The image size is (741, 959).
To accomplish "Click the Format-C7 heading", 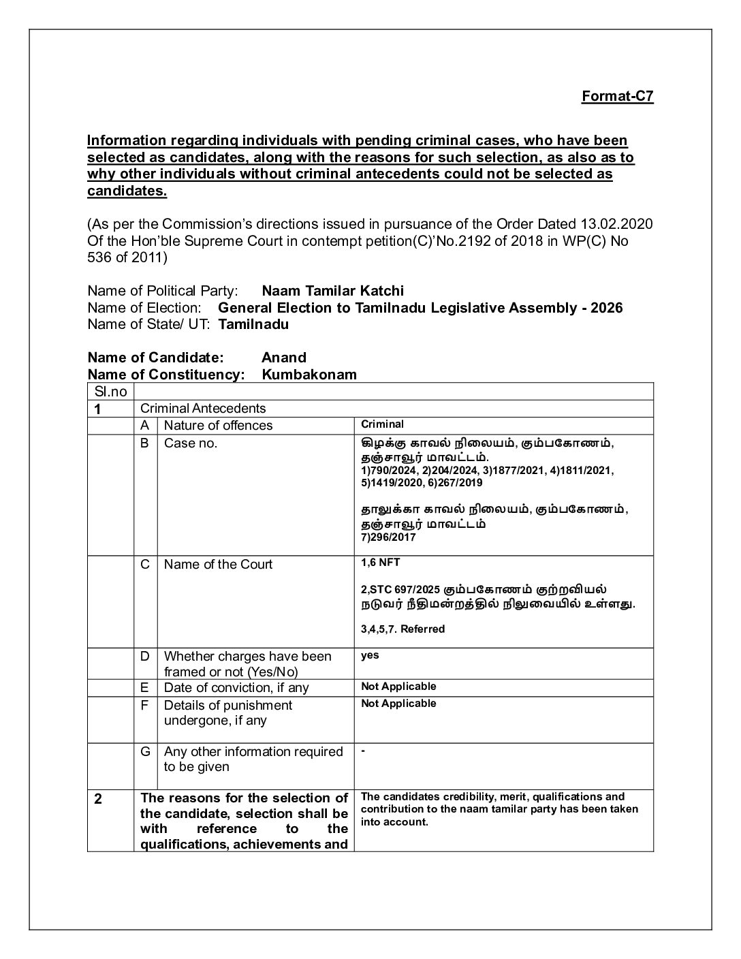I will [x=617, y=96].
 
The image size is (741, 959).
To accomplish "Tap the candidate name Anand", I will [x=284, y=358].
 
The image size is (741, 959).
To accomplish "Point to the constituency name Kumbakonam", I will [x=309, y=375].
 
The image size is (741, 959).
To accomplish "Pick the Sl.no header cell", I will [x=111, y=392].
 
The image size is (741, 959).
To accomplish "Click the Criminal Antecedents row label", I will [x=203, y=409].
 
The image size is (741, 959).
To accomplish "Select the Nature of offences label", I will [x=218, y=426].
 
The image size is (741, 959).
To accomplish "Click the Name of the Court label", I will [x=218, y=565].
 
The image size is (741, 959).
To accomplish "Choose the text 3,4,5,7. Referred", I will [x=403, y=629].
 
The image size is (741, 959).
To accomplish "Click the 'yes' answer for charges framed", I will [x=370, y=655].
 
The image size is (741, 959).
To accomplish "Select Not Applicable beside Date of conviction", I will [x=398, y=687].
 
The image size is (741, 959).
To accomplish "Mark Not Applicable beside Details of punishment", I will [x=398, y=704].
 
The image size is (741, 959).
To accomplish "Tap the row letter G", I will [x=145, y=751].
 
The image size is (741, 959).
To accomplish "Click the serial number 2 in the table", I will [x=98, y=799].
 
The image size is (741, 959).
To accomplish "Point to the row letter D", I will [x=145, y=656].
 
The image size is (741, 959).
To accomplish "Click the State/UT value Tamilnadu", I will [x=253, y=324].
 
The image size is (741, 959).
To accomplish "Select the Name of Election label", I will [x=144, y=308].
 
